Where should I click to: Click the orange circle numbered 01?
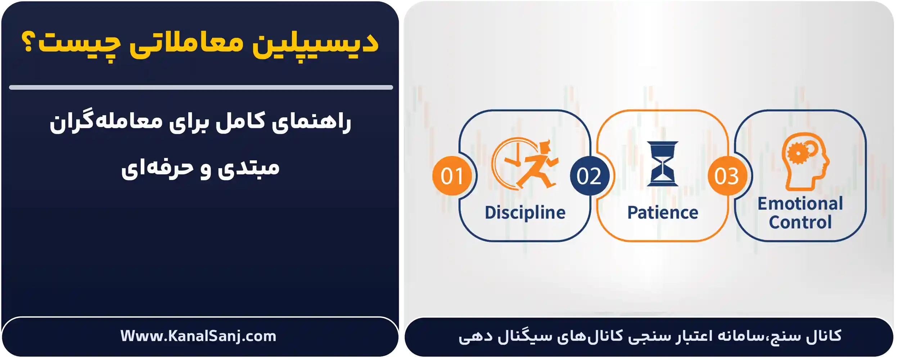coord(452,176)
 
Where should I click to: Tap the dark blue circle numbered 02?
coord(589,176)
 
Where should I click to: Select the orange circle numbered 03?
coord(727,176)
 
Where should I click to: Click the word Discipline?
coord(525,212)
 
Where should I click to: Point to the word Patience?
coord(663,212)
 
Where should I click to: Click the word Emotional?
coord(800,204)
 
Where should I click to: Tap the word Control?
coord(800,222)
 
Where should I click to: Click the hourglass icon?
coord(663,164)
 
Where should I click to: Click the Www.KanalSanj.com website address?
coord(198,336)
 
